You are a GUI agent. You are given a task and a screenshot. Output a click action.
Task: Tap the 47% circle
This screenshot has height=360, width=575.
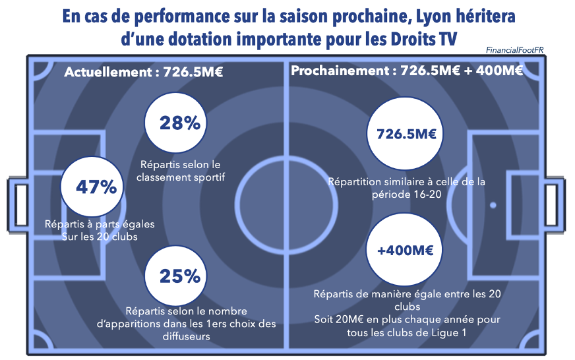click(x=96, y=187)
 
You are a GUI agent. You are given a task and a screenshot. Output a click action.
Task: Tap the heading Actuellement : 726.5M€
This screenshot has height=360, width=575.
click(x=143, y=72)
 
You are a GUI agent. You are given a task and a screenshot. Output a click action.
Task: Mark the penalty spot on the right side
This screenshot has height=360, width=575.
click(x=493, y=205)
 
